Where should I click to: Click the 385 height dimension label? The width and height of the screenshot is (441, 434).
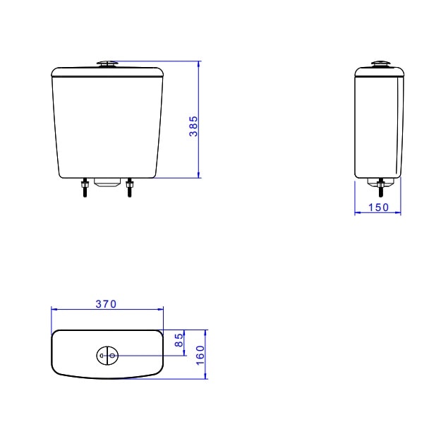pyautogui.click(x=193, y=126)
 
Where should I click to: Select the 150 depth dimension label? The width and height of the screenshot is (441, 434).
pyautogui.click(x=378, y=207)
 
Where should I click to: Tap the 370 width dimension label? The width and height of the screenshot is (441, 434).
pyautogui.click(x=106, y=304)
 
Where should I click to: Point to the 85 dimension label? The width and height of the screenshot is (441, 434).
pyautogui.click(x=179, y=339)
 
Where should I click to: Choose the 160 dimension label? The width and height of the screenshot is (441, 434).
pyautogui.click(x=200, y=355)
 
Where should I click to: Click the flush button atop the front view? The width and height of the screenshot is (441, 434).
pyautogui.click(x=107, y=64)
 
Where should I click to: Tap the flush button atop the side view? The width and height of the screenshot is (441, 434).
pyautogui.click(x=380, y=64)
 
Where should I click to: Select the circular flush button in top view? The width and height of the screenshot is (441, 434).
pyautogui.click(x=107, y=356)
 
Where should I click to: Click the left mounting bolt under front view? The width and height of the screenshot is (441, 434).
pyautogui.click(x=85, y=188)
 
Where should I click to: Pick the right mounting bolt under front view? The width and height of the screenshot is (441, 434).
pyautogui.click(x=129, y=188)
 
